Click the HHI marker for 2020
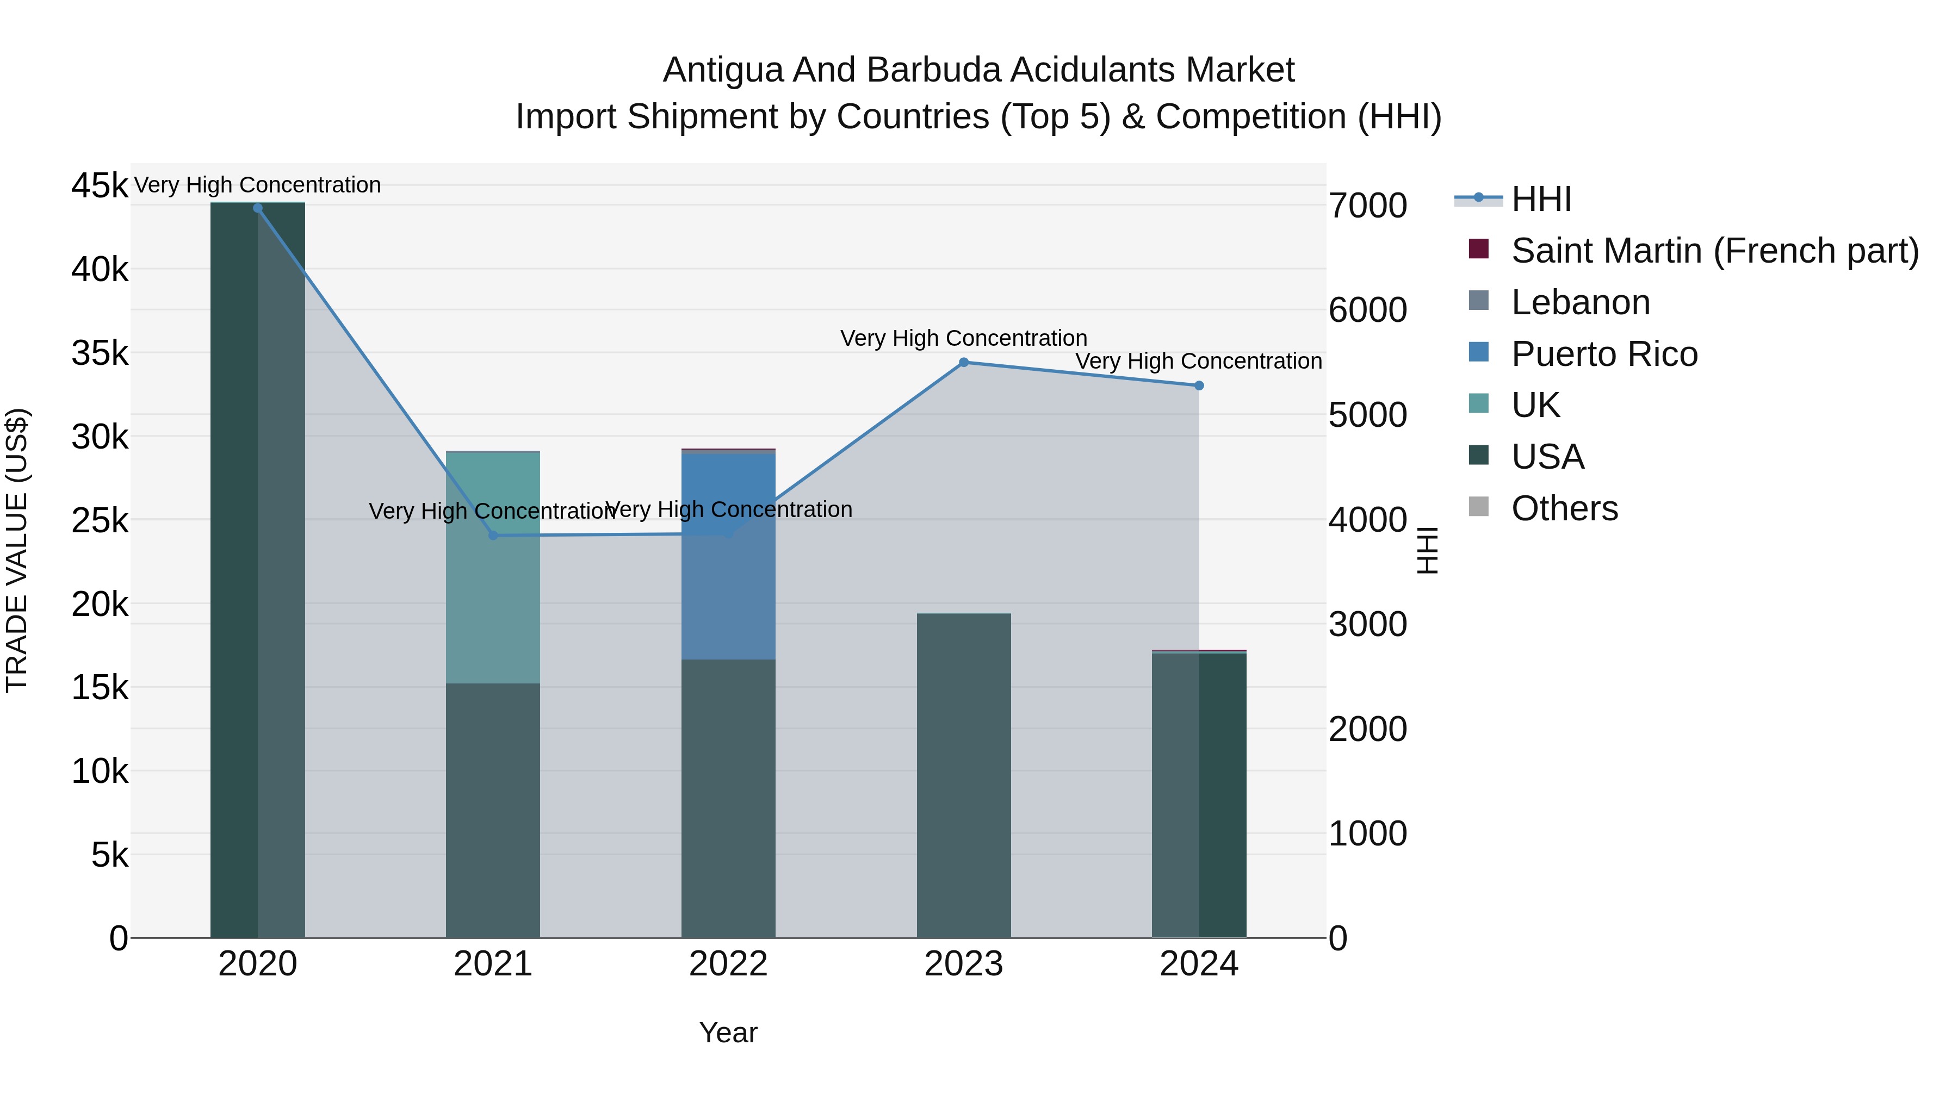coord(258,208)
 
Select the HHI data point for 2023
coord(964,363)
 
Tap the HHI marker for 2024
coord(1199,386)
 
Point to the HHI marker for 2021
coord(493,536)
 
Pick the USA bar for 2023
coord(964,775)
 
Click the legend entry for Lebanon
coord(1580,302)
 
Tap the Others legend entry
coord(1564,508)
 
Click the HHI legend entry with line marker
coord(1541,199)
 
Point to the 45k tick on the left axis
coord(100,185)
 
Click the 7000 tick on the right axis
coord(1367,206)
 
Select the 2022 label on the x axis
coord(728,964)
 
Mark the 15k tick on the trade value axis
coord(100,688)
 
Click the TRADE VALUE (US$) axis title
coord(17,550)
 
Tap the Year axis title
coord(728,1032)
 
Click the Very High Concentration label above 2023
coord(964,338)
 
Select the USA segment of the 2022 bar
coord(728,798)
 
